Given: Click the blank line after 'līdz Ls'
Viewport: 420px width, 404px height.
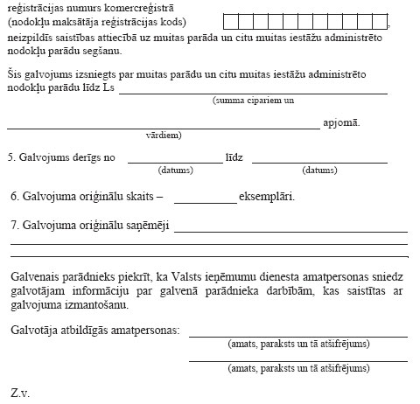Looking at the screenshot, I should pyautogui.click(x=253, y=90).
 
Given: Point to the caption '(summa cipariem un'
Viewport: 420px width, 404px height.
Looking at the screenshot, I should pyautogui.click(x=253, y=101).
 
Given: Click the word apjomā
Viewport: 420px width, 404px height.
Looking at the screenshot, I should pyautogui.click(x=341, y=123).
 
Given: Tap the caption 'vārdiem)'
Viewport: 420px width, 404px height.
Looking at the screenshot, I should pyautogui.click(x=164, y=136).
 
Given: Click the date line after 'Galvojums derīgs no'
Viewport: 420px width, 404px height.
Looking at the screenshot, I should pyautogui.click(x=175, y=160).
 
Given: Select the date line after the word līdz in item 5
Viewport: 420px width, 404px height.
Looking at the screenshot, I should pyautogui.click(x=319, y=160).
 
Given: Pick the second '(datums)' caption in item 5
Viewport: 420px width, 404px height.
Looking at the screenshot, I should pyautogui.click(x=319, y=171).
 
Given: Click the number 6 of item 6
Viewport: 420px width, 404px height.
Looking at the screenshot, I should pyautogui.click(x=10, y=196).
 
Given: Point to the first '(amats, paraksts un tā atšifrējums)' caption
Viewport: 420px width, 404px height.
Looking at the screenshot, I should pyautogui.click(x=297, y=345).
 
